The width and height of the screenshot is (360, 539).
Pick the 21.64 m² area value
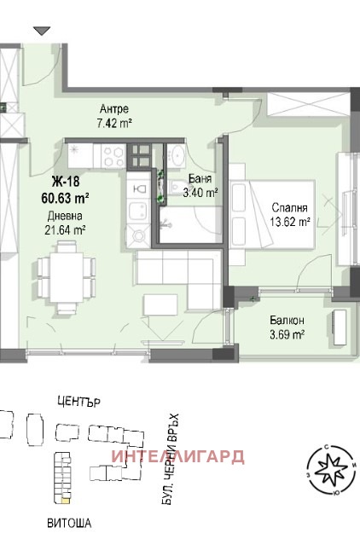pos(66,229)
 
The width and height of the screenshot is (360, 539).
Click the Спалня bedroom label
pos(289,206)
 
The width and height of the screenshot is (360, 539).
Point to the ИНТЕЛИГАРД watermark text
pos(178,455)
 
